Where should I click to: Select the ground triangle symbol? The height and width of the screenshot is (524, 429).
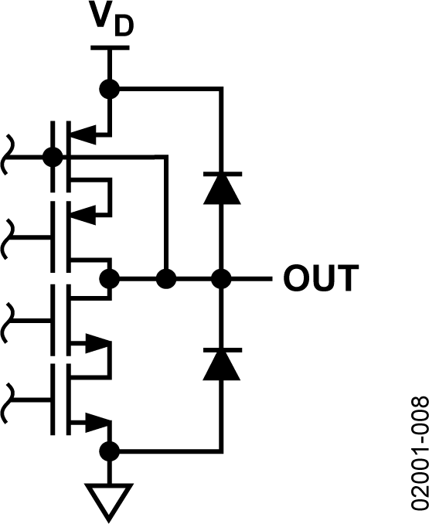pos(111,498)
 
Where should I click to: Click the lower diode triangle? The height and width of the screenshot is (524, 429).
pos(222,364)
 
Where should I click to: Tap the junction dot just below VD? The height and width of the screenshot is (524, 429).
pos(111,89)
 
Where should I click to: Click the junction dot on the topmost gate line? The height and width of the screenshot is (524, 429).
pos(53,158)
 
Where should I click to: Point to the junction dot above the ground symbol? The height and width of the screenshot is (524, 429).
pos(111,451)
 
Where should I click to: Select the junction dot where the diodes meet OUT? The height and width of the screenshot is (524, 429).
pos(222,278)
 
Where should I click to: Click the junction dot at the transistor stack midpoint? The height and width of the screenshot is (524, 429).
pos(111,278)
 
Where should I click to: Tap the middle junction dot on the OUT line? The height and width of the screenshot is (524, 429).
pos(165,278)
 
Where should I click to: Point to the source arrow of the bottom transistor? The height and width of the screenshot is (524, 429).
pos(96,422)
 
